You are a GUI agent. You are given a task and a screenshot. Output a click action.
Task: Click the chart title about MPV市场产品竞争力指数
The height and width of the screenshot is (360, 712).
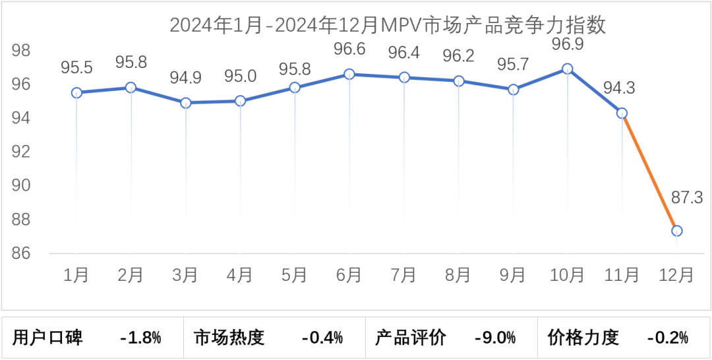coord(388,25)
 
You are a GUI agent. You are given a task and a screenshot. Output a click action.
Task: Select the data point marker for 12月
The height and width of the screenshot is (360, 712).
coord(676,231)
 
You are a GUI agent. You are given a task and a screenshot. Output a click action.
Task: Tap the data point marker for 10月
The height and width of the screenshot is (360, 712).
coord(567,69)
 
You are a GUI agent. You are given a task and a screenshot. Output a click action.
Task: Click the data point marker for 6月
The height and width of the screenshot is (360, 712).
coord(349,74)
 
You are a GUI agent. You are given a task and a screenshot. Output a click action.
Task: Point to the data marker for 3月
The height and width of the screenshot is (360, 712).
coord(186,103)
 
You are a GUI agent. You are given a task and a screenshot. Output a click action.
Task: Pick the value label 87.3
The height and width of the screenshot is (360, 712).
coord(686,196)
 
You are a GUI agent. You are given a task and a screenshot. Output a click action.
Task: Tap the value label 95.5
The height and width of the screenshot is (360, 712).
coord(76,67)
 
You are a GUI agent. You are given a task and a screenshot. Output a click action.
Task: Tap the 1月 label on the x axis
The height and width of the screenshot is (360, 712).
coord(76,274)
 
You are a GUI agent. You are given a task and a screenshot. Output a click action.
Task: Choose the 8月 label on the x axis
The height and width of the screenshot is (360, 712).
coord(458,274)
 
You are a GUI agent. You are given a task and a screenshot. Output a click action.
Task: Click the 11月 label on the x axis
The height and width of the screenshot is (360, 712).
coord(622,274)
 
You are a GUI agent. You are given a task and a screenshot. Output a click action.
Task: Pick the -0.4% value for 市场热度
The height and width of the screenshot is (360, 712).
coord(322,338)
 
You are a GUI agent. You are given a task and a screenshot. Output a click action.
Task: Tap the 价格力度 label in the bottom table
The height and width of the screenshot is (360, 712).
coord(583,338)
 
